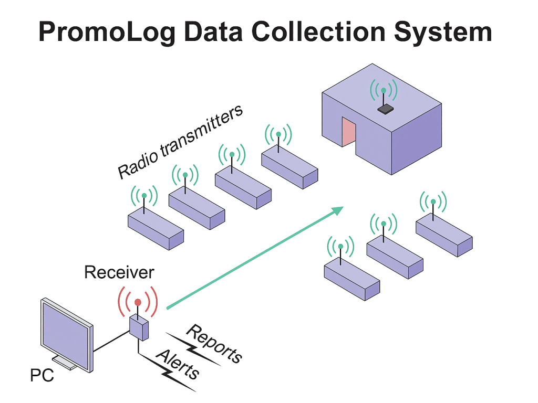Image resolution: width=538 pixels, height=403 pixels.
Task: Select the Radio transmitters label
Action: [x=179, y=142]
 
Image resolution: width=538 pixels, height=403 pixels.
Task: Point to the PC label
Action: [x=42, y=377]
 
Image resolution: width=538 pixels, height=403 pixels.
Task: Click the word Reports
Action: [x=215, y=344]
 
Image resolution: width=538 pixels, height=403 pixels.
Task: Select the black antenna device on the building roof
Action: [x=386, y=109]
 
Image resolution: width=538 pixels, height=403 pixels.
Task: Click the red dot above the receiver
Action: [x=138, y=302]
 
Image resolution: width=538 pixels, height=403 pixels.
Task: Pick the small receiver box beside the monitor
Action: [x=139, y=327]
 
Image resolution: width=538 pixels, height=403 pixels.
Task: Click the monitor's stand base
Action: [x=63, y=362]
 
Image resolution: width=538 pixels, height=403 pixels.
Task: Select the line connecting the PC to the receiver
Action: [x=112, y=341]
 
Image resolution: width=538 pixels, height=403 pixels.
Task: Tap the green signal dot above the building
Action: [x=384, y=90]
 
